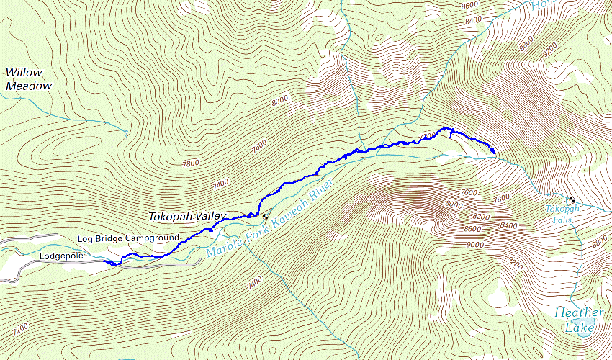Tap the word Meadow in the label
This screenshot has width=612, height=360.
click(29, 86)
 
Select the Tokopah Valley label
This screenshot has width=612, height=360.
click(187, 216)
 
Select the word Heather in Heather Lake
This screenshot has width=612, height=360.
click(579, 312)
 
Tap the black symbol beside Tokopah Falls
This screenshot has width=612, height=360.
click(571, 199)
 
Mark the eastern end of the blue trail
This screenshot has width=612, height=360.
click(493, 152)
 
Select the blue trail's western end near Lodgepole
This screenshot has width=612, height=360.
click(106, 263)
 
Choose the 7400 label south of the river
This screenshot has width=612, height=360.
click(255, 284)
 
